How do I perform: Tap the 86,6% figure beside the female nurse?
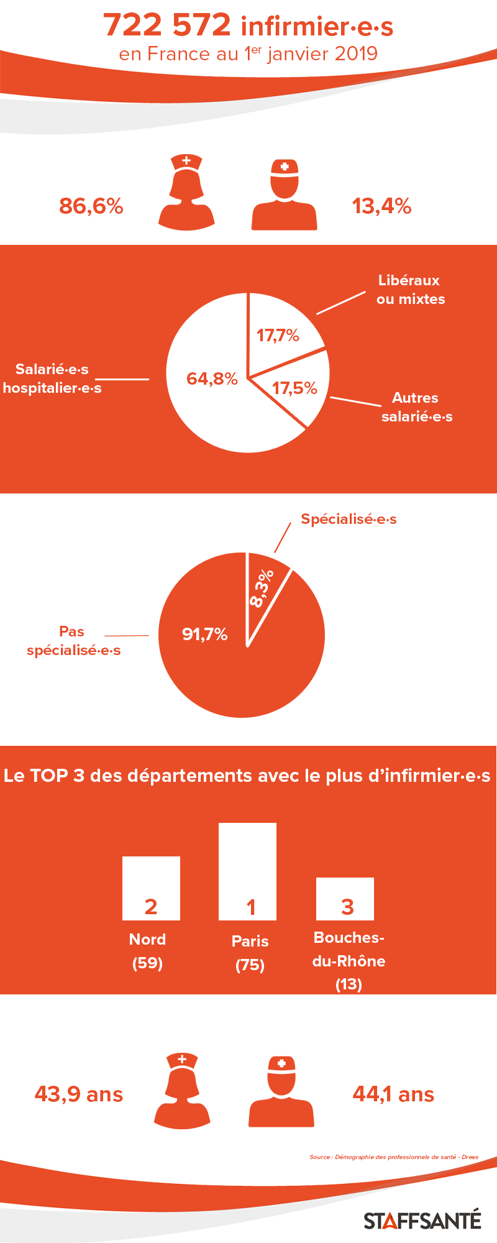tap(91, 206)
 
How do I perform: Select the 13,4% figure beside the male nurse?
tap(381, 206)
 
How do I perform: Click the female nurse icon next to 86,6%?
tap(186, 192)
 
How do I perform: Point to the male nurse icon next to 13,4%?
tap(284, 195)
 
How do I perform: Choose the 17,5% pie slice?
tap(292, 388)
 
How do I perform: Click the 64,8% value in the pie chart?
tap(212, 378)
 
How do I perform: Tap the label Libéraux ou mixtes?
tap(411, 290)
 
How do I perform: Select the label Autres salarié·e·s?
tap(417, 407)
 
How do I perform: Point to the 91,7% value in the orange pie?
tap(204, 634)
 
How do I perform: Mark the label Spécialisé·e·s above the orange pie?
tap(349, 519)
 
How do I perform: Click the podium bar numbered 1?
tap(247, 871)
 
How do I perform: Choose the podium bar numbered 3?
tap(345, 899)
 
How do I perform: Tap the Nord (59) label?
tap(147, 951)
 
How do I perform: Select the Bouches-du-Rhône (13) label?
tap(349, 961)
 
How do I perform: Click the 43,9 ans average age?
tap(79, 1094)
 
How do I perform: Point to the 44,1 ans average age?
tap(393, 1094)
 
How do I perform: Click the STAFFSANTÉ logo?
tap(422, 1220)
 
